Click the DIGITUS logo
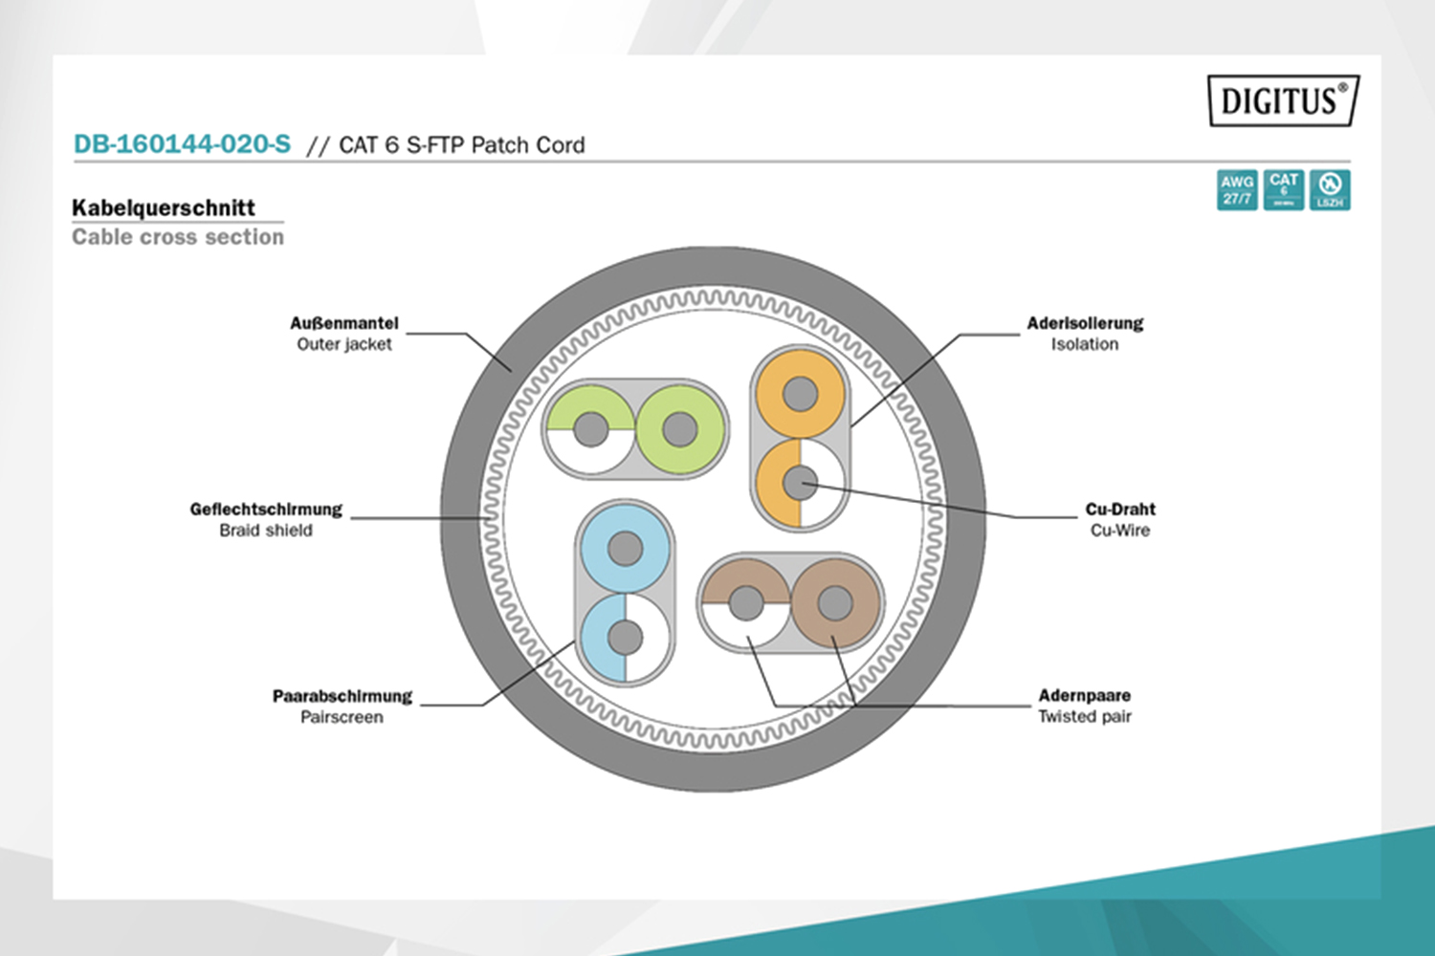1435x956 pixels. point(1282,100)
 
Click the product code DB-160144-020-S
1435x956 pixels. point(182,144)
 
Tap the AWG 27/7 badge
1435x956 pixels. point(1237,189)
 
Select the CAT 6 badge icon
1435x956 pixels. point(1283,189)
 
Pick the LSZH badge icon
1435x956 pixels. point(1330,189)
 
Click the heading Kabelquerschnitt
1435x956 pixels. point(164,207)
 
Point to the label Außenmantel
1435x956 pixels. point(344,323)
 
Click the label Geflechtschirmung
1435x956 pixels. point(266,510)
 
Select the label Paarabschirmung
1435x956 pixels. point(342,696)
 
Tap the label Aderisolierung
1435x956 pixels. point(1085,323)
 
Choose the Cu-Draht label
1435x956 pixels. point(1120,510)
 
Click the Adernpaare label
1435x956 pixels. point(1085,695)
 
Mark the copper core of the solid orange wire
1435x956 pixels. point(800,393)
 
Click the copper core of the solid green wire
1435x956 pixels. point(679,429)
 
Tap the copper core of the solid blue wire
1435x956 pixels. point(625,549)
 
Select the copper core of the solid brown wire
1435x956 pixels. point(835,603)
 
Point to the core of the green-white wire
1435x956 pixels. point(590,429)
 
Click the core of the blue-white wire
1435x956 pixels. point(625,637)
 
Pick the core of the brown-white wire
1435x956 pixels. point(746,603)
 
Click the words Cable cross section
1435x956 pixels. point(178,237)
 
